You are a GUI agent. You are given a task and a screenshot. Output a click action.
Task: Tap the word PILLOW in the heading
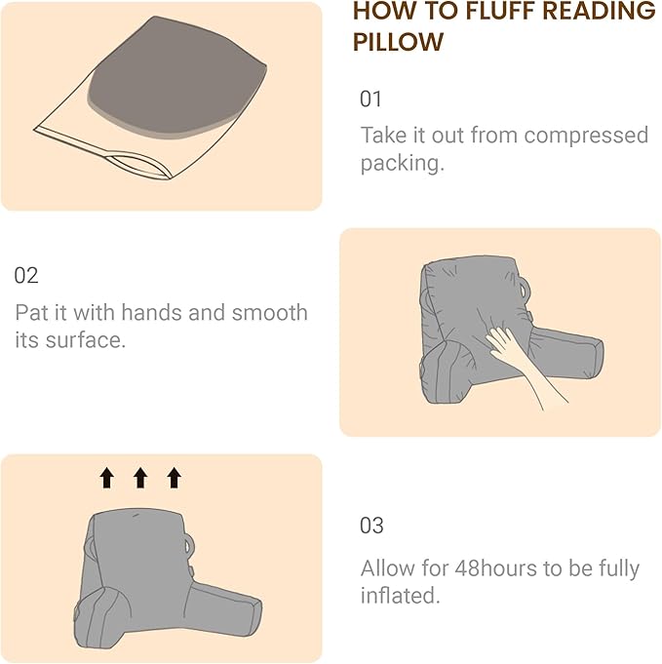pyautogui.click(x=398, y=43)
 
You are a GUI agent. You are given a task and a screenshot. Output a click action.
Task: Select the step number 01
pyautogui.click(x=371, y=99)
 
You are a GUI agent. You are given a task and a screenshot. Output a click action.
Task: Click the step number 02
pyautogui.click(x=26, y=276)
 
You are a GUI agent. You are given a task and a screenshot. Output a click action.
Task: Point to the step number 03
pyautogui.click(x=371, y=526)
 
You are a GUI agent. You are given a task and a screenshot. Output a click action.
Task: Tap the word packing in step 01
pyautogui.click(x=400, y=163)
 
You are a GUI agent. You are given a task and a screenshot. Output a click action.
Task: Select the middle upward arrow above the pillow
pyautogui.click(x=139, y=477)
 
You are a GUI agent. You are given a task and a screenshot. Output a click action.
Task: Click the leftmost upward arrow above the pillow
pyautogui.click(x=106, y=477)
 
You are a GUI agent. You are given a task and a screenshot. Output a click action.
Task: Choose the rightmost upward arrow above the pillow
pyautogui.click(x=174, y=477)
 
